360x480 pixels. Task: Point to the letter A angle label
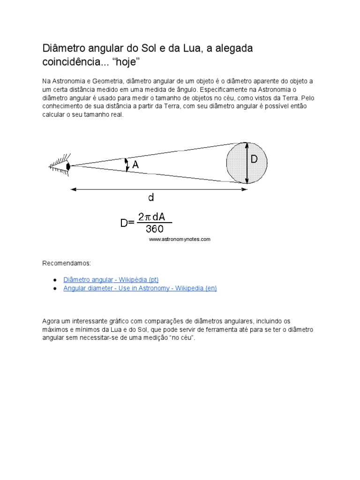click(x=135, y=165)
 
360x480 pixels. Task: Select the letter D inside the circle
click(x=254, y=159)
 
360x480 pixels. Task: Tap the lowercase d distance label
click(x=151, y=198)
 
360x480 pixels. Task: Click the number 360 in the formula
click(x=155, y=229)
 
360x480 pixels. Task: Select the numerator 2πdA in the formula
click(x=155, y=217)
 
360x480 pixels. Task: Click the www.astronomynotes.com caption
click(x=180, y=239)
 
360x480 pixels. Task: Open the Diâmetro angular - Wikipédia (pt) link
click(x=111, y=279)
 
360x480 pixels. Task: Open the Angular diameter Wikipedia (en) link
click(x=140, y=288)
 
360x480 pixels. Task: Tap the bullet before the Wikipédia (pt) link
click(x=55, y=280)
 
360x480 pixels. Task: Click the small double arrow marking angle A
click(x=126, y=165)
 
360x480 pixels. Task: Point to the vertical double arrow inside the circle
click(x=247, y=163)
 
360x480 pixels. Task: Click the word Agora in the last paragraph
click(x=52, y=321)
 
